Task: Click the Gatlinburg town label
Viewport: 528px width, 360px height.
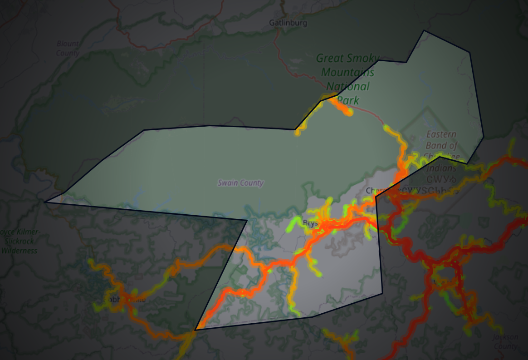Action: pyautogui.click(x=288, y=23)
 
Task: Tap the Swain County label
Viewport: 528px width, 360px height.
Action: pyautogui.click(x=240, y=183)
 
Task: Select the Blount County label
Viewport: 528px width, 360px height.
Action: pyautogui.click(x=68, y=49)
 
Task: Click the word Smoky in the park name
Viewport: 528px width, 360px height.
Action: pyautogui.click(x=363, y=58)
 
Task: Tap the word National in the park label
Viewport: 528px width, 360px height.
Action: pyautogui.click(x=348, y=86)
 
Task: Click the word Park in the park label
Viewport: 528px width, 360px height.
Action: pyautogui.click(x=348, y=100)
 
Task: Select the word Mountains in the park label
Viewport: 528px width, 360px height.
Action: pyautogui.click(x=348, y=72)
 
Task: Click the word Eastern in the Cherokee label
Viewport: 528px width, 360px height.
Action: pyautogui.click(x=441, y=135)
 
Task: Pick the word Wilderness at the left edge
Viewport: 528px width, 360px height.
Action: pyautogui.click(x=19, y=250)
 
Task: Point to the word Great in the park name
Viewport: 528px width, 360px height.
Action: pyautogui.click(x=330, y=58)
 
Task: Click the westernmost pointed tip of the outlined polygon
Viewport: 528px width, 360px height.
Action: pyautogui.click(x=44, y=201)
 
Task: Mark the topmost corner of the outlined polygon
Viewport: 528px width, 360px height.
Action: pyautogui.click(x=424, y=31)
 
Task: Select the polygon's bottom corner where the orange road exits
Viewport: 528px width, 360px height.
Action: pyautogui.click(x=196, y=330)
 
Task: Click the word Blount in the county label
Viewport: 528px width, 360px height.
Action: pyautogui.click(x=68, y=44)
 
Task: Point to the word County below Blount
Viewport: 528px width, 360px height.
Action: pyautogui.click(x=68, y=54)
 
